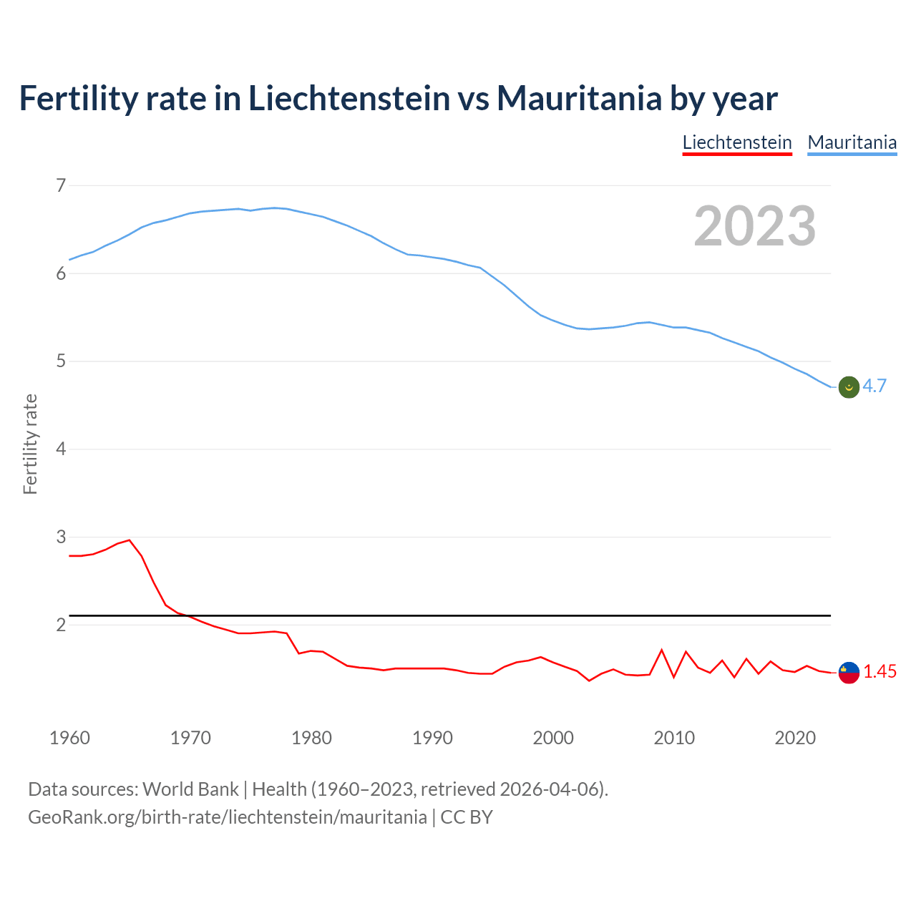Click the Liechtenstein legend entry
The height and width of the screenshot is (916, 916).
[x=737, y=142]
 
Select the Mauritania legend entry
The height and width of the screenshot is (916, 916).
[x=852, y=142]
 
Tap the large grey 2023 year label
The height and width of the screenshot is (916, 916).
[x=755, y=226]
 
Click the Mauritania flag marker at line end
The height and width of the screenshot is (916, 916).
[x=849, y=386]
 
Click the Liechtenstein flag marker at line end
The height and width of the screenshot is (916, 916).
[x=849, y=673]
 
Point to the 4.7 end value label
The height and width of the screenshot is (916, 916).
[x=874, y=386]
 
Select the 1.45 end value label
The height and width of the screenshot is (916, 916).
[x=880, y=672]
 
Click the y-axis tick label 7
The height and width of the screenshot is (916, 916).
[x=60, y=186]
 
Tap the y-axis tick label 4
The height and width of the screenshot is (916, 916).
[x=60, y=449]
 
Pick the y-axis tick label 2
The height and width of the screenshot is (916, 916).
[x=60, y=625]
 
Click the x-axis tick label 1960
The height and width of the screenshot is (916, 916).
[x=69, y=738]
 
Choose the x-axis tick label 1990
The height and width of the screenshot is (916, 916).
[x=432, y=738]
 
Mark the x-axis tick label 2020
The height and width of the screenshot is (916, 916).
[x=795, y=738]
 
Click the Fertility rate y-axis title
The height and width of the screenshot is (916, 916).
[x=30, y=444]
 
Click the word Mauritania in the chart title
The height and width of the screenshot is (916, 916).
[x=579, y=98]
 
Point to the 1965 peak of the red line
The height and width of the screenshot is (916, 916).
[x=129, y=540]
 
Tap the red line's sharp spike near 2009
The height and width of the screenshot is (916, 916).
[x=662, y=650]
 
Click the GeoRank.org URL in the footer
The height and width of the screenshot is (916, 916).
[x=228, y=817]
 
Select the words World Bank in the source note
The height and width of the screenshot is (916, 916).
[x=190, y=789]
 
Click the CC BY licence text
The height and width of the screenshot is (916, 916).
[x=467, y=817]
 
